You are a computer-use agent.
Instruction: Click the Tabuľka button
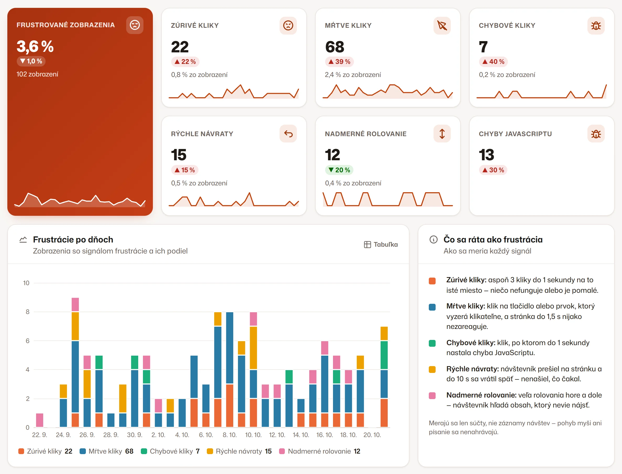coord(381,244)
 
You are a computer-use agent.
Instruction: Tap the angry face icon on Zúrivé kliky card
coord(288,25)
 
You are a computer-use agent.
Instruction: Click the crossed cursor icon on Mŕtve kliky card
coord(442,25)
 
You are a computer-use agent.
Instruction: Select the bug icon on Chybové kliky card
coord(596,25)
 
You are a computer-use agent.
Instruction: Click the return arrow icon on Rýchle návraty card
coord(288,134)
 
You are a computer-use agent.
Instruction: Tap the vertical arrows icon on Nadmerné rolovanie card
coord(442,134)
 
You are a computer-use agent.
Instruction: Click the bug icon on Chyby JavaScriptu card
coord(596,134)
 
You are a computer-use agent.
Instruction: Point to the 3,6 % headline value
coord(35,46)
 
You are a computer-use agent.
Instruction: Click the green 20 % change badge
coord(339,170)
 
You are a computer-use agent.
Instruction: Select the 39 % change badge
coord(339,62)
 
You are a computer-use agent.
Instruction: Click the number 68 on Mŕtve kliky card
coord(335,47)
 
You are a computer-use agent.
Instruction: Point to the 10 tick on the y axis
coord(26,283)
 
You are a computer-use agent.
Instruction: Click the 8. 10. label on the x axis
coord(230,435)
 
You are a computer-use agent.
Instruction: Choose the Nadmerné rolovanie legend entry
coord(319,451)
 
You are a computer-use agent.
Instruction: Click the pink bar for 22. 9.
coord(40,420)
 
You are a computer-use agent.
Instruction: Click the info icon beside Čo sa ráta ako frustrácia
coord(433,240)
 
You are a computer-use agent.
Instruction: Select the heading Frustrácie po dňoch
coord(73,240)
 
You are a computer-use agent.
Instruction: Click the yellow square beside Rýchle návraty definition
coord(432,369)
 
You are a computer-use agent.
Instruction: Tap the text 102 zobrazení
coord(37,74)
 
